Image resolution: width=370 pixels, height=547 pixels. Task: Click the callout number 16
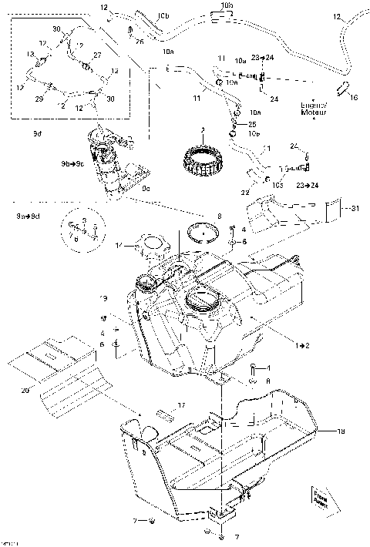(354, 99)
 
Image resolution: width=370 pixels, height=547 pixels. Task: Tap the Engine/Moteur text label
(314, 109)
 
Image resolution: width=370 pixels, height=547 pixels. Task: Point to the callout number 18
(341, 432)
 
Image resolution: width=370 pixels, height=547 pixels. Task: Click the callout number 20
(25, 391)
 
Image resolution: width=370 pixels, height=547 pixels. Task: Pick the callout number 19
(100, 298)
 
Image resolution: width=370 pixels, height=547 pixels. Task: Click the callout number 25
(252, 124)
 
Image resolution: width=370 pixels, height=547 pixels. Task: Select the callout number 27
(98, 55)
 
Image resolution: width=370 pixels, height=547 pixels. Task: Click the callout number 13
(32, 53)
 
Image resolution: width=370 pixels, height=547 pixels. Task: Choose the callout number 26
(140, 42)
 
